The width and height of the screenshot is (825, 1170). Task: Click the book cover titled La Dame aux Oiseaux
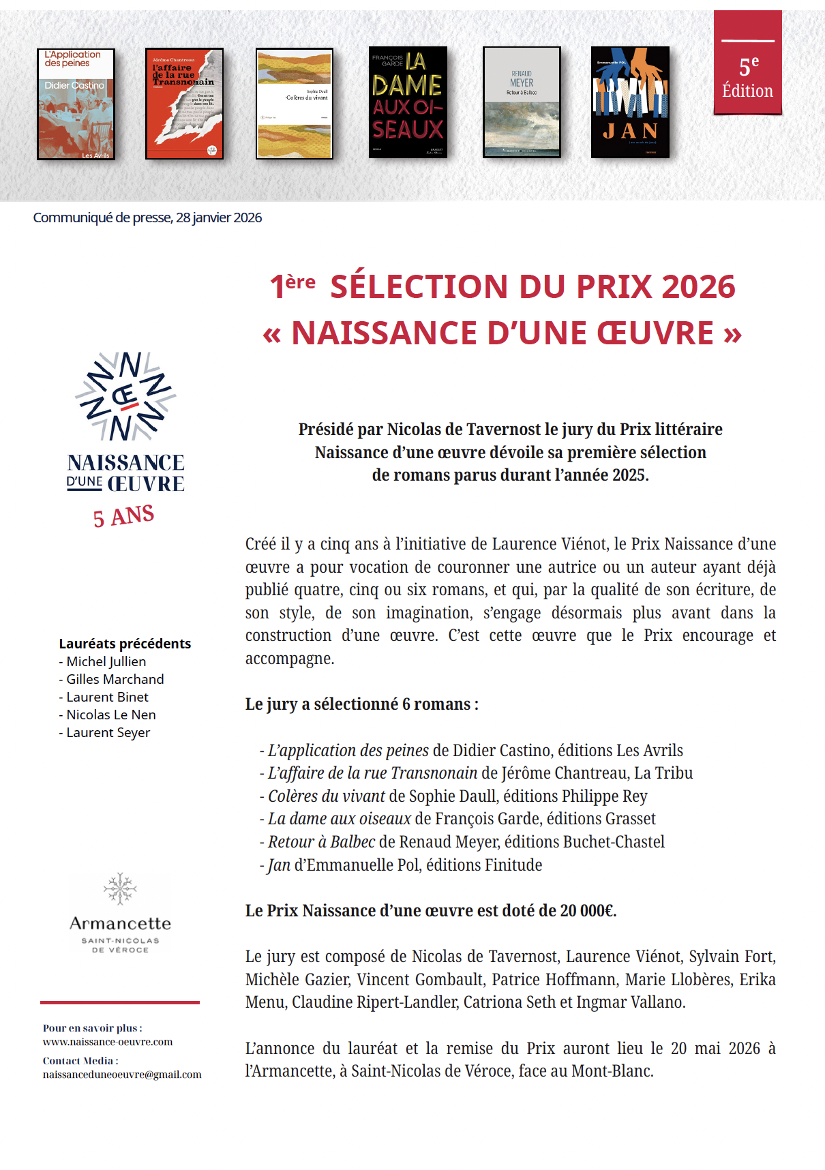[x=408, y=102]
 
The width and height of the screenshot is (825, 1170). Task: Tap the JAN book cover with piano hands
[x=630, y=102]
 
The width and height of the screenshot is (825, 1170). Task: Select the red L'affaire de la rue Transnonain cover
[x=184, y=104]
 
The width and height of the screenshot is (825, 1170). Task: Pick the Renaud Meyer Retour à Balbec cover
[x=522, y=102]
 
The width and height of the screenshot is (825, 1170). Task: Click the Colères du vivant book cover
[x=295, y=104]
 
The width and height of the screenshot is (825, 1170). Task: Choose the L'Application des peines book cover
[x=76, y=104]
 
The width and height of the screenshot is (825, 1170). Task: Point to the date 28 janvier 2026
[x=219, y=217]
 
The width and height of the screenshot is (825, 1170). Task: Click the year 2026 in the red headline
[x=698, y=287]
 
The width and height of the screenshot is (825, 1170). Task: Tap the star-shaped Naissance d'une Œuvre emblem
[x=125, y=396]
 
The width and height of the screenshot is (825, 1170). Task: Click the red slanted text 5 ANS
[x=123, y=516]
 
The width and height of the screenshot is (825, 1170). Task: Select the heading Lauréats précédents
[x=125, y=644]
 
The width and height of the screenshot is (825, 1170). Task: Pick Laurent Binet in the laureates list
[x=107, y=697]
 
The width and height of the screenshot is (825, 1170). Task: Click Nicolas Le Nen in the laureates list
[x=111, y=715]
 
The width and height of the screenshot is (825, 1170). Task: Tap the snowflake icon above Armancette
[x=120, y=888]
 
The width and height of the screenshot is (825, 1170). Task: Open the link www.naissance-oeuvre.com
[x=108, y=1042]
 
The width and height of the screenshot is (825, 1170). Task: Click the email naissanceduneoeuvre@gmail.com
[x=122, y=1075]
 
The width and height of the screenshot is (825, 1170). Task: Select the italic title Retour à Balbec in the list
[x=321, y=842]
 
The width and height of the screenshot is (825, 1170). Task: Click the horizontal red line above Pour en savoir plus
[x=120, y=1002]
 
